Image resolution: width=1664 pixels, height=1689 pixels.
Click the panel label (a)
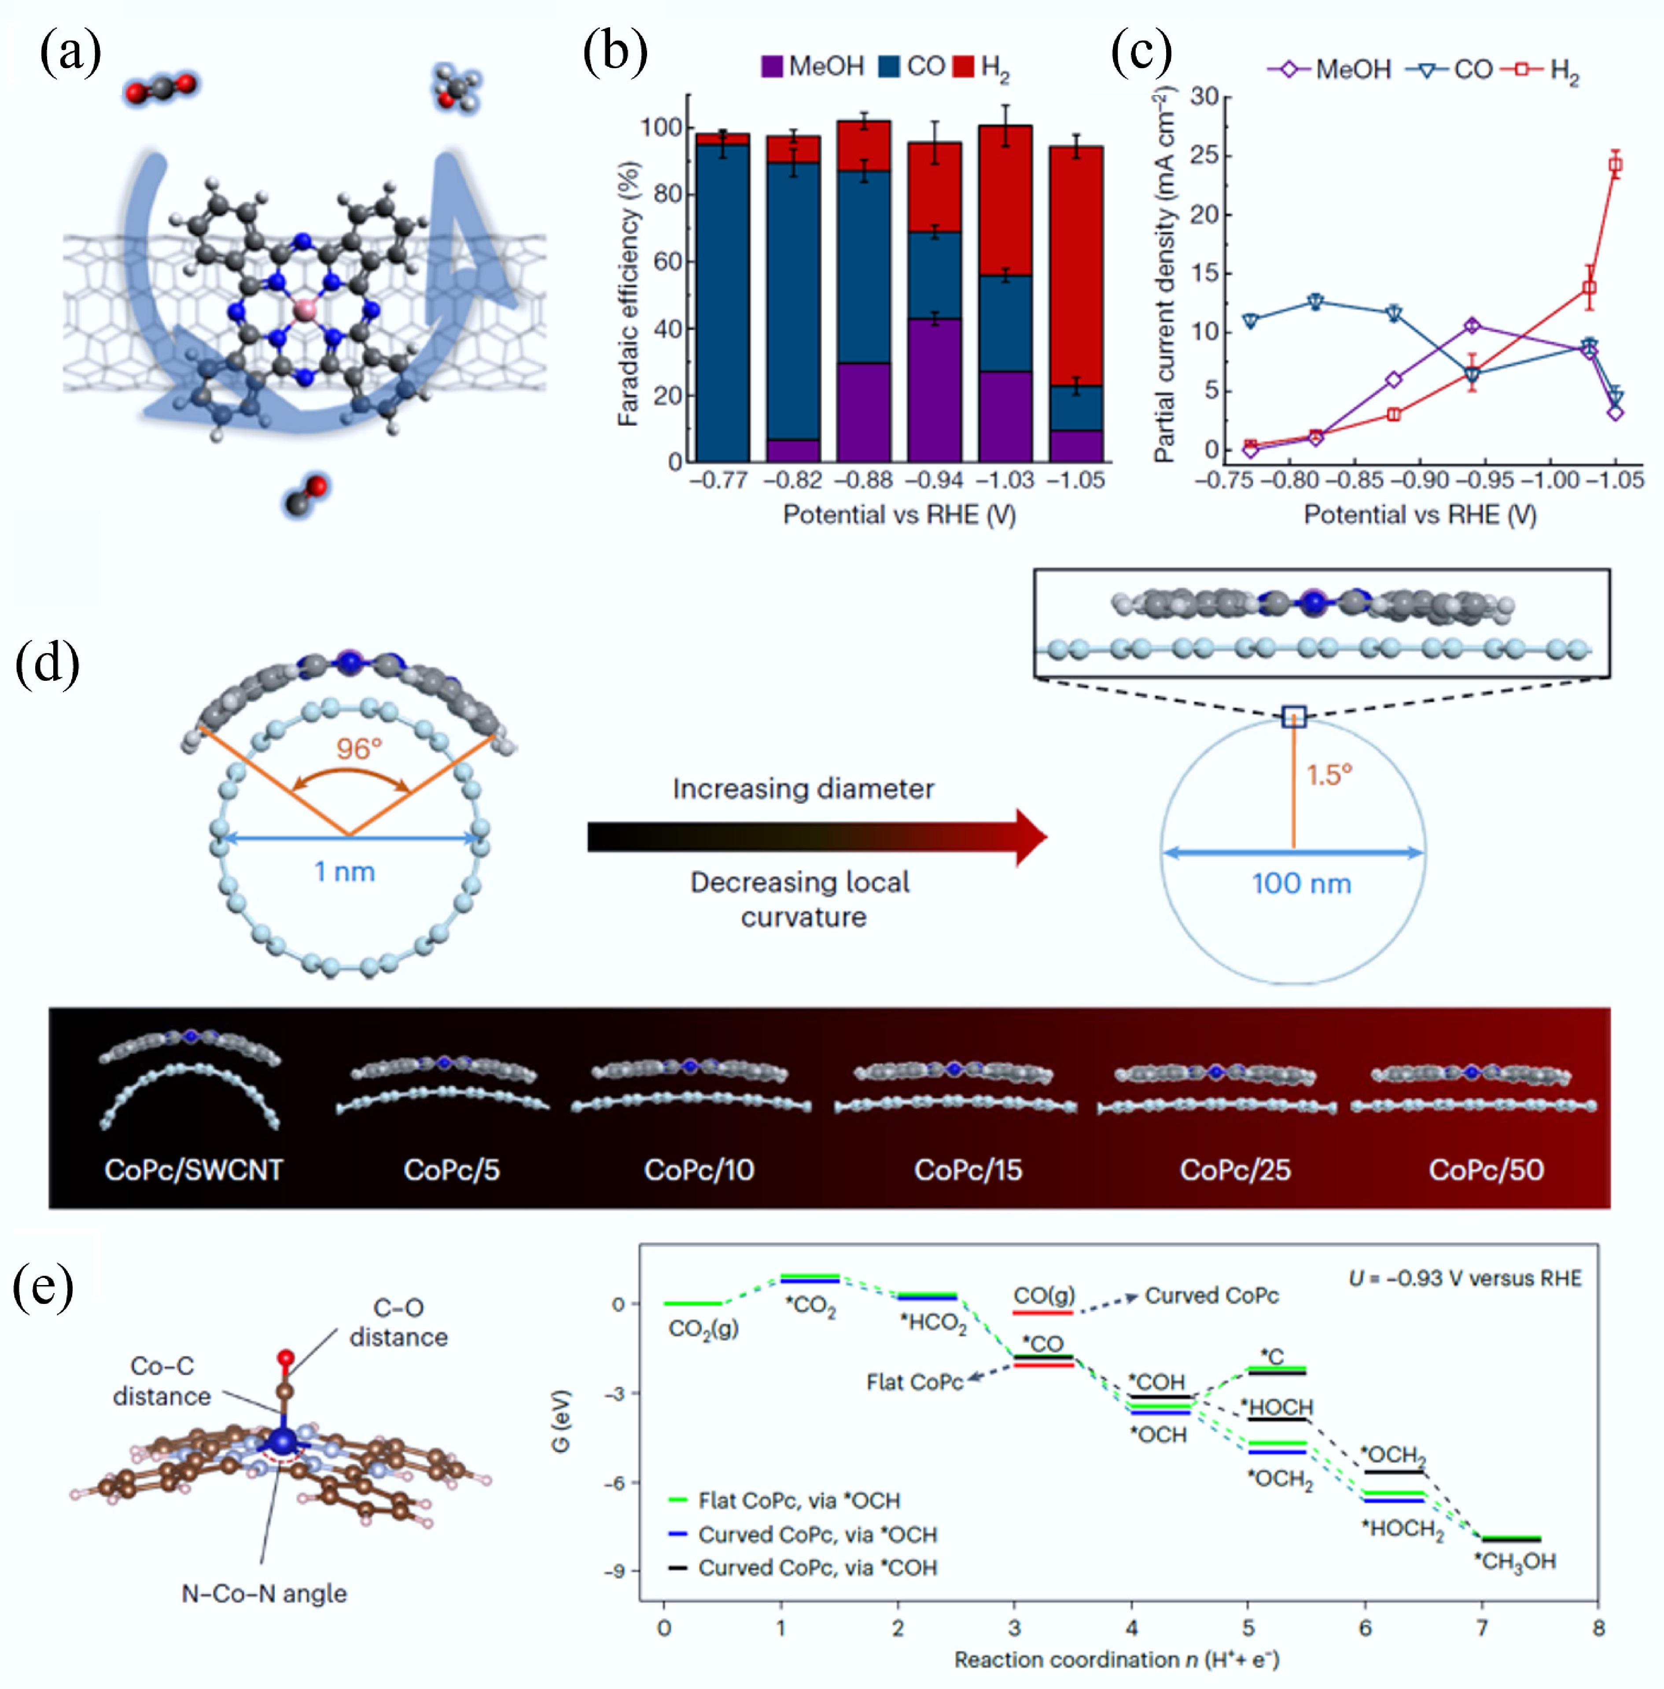click(x=70, y=54)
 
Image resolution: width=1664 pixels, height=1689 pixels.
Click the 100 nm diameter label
click(x=1301, y=883)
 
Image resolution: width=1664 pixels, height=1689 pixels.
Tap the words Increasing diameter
click(x=802, y=789)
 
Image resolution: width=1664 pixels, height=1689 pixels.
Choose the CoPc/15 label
click(x=968, y=1170)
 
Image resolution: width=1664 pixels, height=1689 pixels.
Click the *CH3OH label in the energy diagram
click(x=1515, y=1561)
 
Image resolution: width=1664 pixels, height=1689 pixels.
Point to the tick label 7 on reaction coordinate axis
click(x=1482, y=1628)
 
